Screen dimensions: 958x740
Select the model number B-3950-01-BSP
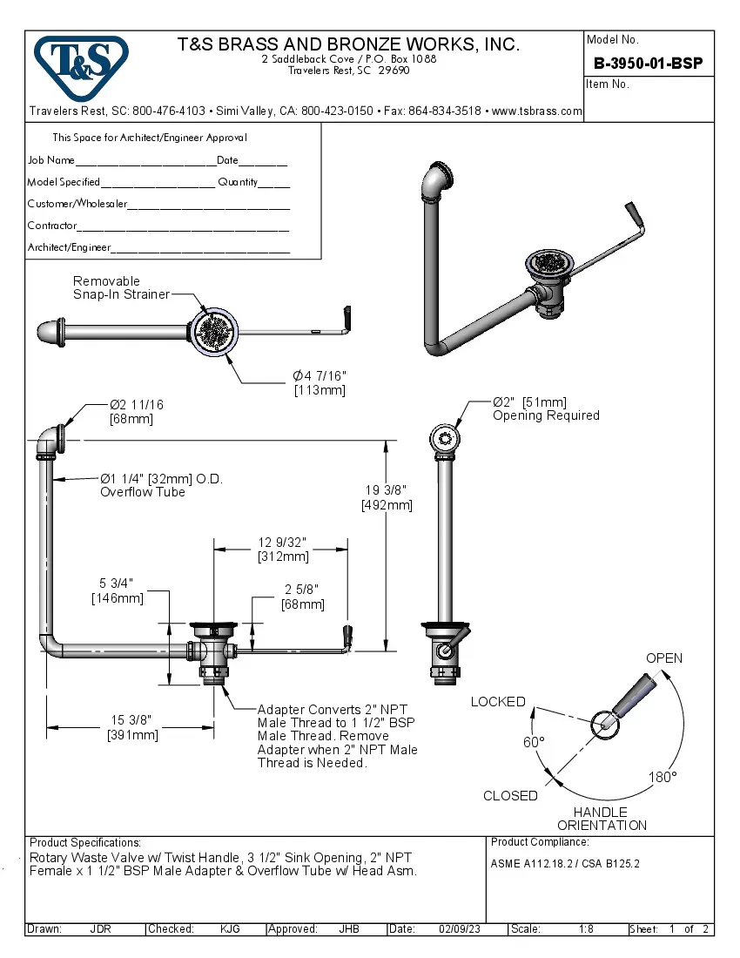(x=648, y=64)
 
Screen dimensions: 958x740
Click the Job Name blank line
(x=145, y=161)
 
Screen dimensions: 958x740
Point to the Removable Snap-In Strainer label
(x=120, y=288)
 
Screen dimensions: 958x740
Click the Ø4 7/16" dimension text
(x=320, y=375)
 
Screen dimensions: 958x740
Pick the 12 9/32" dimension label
(x=282, y=543)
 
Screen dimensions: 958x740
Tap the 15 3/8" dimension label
(x=132, y=720)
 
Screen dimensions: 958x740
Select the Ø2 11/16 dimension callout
(x=136, y=405)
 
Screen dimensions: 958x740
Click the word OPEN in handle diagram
(x=663, y=658)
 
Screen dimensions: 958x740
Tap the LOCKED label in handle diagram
(x=498, y=702)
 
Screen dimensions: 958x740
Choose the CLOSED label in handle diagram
(x=510, y=796)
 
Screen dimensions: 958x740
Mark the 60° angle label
(x=533, y=742)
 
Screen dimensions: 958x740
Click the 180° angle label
(x=662, y=777)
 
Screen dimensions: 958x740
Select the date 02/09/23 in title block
(x=458, y=929)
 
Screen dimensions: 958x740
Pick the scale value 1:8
(x=586, y=929)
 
